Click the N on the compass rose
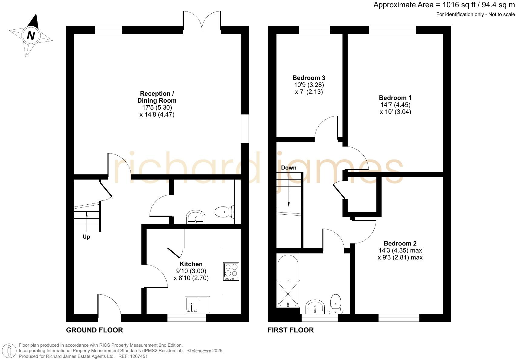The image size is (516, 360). [31, 36]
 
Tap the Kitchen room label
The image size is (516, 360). [191, 264]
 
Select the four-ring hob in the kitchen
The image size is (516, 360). [231, 271]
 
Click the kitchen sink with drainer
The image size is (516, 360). [197, 305]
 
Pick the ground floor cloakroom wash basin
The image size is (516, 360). [196, 217]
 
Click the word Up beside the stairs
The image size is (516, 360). [86, 237]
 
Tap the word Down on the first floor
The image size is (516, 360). [289, 168]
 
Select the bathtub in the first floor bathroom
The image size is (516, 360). [288, 281]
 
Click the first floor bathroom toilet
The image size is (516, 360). [336, 304]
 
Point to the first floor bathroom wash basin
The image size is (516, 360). [315, 307]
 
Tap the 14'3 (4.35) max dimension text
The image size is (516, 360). [400, 250]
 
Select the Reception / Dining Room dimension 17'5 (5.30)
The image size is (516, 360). [157, 107]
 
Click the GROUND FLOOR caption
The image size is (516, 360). [94, 330]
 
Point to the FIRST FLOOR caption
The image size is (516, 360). [291, 330]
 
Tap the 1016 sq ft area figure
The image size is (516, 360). [459, 5]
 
